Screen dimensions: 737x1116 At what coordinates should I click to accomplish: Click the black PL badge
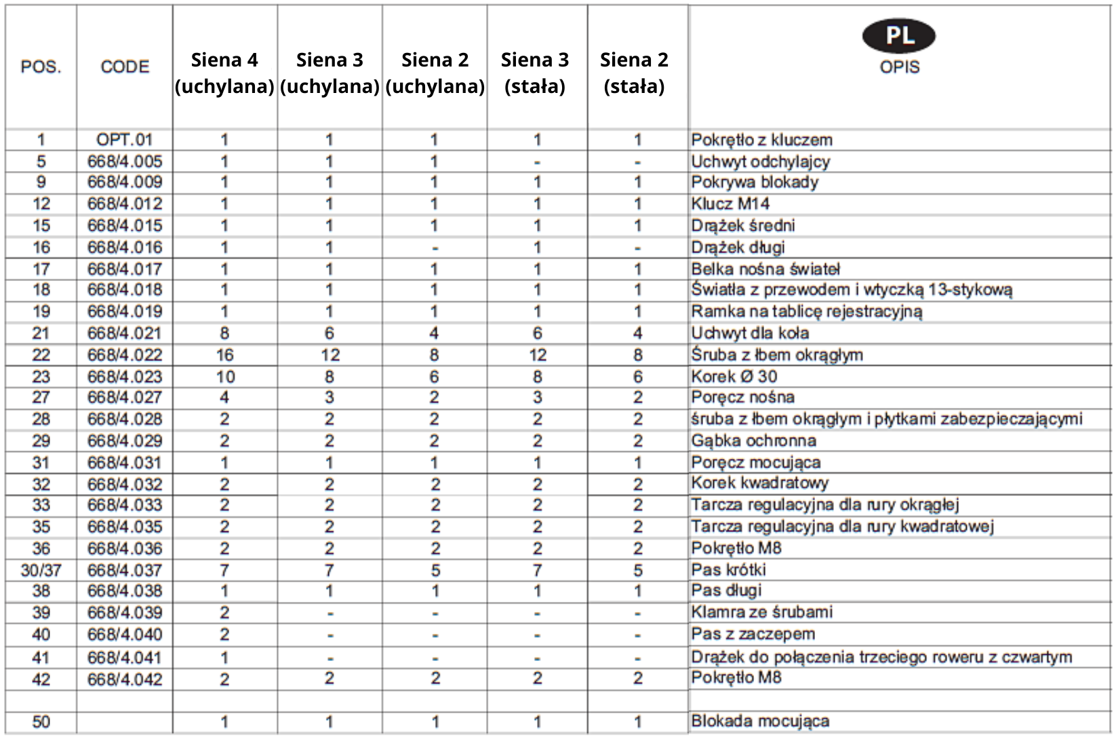(x=898, y=36)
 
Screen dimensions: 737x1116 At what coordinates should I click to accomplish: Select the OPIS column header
(x=899, y=67)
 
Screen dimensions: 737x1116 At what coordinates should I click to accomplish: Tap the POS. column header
(x=41, y=67)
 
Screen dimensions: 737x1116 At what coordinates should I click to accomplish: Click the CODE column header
(x=125, y=67)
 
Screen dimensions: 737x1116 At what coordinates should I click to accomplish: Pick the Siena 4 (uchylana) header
(x=224, y=73)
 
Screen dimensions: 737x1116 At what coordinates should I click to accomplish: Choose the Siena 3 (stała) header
(x=535, y=73)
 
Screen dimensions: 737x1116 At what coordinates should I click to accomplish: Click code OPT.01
(x=125, y=140)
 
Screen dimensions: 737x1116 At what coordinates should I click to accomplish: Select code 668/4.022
(x=125, y=355)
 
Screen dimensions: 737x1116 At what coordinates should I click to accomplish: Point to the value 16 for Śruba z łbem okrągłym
(x=224, y=355)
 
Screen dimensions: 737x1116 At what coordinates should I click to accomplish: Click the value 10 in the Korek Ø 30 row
(x=225, y=377)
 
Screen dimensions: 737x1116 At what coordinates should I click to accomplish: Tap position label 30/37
(x=41, y=570)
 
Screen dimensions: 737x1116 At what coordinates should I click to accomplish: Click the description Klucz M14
(x=730, y=204)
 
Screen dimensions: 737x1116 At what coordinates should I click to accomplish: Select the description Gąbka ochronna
(x=753, y=441)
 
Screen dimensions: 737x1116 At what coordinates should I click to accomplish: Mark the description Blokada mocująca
(x=760, y=721)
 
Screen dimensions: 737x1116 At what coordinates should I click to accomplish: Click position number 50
(x=41, y=721)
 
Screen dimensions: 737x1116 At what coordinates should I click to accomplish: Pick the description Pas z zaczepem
(x=753, y=635)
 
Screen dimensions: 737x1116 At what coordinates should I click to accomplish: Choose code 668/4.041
(x=125, y=658)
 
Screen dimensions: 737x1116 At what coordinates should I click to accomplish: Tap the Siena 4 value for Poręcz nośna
(x=224, y=398)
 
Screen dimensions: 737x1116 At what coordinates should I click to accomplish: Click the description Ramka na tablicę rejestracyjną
(x=806, y=311)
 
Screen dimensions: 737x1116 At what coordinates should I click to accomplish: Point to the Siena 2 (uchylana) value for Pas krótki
(x=435, y=570)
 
